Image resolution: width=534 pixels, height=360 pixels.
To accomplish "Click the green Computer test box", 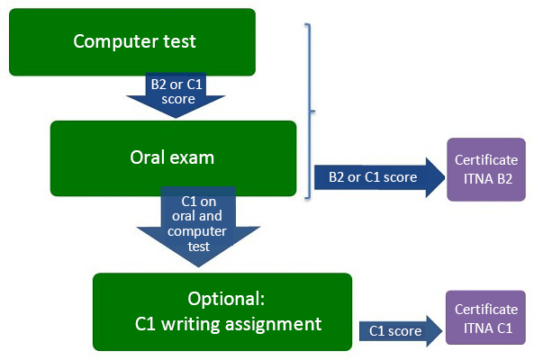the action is click(x=132, y=42).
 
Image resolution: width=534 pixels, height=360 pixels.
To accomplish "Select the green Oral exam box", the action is click(x=173, y=158).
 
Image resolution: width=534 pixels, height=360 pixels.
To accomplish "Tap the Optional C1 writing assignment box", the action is click(x=222, y=311).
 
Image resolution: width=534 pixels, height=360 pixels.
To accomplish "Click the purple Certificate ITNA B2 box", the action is click(x=486, y=169).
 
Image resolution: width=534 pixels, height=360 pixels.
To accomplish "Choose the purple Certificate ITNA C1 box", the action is click(x=486, y=318).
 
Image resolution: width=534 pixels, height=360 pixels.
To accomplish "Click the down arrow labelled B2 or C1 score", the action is click(x=176, y=94).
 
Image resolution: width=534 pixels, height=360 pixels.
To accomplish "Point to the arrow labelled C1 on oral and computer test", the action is click(x=198, y=226).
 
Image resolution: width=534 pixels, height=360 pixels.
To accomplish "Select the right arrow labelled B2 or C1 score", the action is click(x=379, y=177).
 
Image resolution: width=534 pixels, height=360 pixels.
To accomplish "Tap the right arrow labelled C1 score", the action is click(x=401, y=331).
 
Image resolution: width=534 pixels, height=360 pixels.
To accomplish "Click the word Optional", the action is click(x=226, y=299).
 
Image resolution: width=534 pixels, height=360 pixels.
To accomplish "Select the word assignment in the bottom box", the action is click(x=274, y=324).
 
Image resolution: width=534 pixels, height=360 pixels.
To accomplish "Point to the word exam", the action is click(x=192, y=158).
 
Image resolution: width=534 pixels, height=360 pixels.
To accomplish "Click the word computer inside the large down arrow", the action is click(x=197, y=231).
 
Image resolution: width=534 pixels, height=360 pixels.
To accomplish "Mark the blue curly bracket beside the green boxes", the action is click(x=310, y=111).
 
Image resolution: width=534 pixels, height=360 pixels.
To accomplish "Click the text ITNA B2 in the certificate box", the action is click(x=488, y=179).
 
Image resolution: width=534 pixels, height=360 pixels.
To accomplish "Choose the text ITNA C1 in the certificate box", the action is click(x=488, y=328).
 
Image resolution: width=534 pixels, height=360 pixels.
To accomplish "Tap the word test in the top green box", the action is click(x=179, y=41).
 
